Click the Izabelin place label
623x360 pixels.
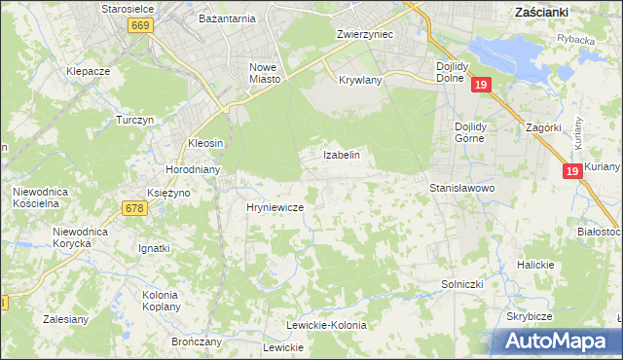pyautogui.click(x=342, y=155)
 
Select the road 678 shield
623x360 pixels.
pyautogui.click(x=134, y=207)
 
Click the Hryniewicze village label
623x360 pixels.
pyautogui.click(x=275, y=207)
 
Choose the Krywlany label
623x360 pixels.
pyautogui.click(x=360, y=80)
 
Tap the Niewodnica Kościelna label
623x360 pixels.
pyautogui.click(x=40, y=198)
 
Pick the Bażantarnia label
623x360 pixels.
pyautogui.click(x=227, y=18)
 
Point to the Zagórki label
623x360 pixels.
pyautogui.click(x=540, y=127)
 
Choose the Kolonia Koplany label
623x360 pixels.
pyautogui.click(x=160, y=301)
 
